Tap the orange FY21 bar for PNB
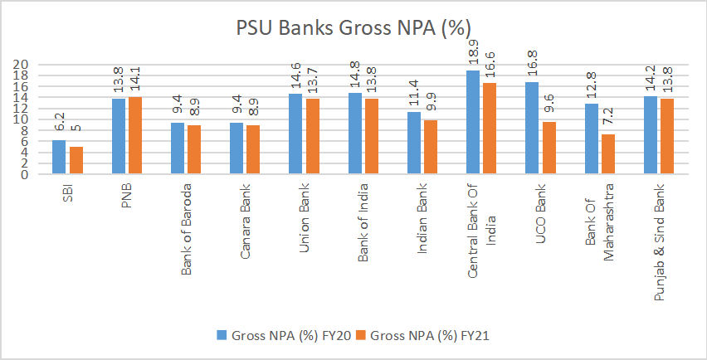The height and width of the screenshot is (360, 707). (x=134, y=136)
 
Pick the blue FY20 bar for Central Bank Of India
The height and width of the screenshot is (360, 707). (x=472, y=123)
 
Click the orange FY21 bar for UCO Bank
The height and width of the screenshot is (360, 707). (x=548, y=148)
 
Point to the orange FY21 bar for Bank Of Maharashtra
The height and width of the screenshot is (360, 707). (x=607, y=155)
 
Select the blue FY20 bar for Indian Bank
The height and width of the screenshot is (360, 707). (x=413, y=144)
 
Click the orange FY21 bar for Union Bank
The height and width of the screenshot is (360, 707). (x=312, y=137)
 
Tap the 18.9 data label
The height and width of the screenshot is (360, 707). (x=472, y=53)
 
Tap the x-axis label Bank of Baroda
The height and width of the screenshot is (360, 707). (x=185, y=225)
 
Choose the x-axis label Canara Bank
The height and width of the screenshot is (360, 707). (x=245, y=219)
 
